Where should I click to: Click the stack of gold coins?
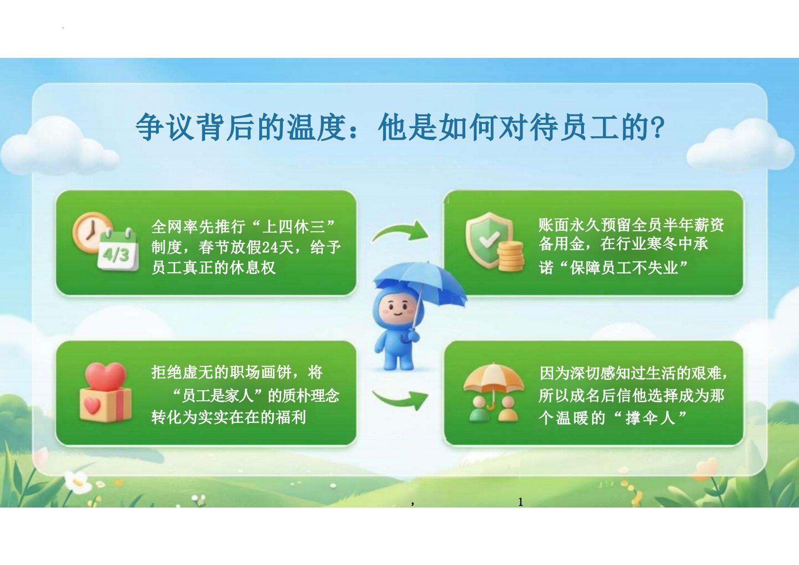tap(511, 256)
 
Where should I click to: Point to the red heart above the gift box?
tap(105, 377)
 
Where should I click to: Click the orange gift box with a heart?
tap(105, 405)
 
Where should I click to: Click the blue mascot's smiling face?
tap(399, 310)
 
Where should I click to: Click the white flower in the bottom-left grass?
tap(78, 482)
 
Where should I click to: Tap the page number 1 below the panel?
tap(520, 502)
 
